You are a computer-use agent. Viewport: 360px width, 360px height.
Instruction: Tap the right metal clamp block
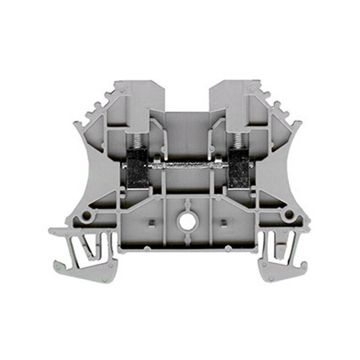(238, 170)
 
